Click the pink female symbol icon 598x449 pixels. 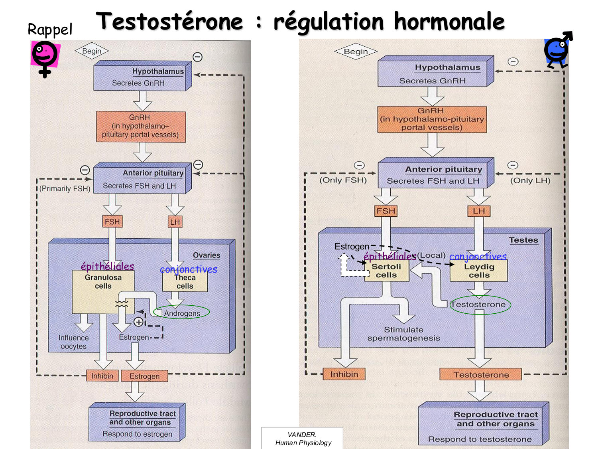(45, 58)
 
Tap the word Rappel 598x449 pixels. (50, 30)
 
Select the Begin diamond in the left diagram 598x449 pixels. (92, 51)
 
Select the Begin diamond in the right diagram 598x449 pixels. (356, 51)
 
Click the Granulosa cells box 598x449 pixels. (103, 291)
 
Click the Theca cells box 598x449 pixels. (185, 282)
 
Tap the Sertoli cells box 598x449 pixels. (386, 271)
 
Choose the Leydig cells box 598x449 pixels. (479, 271)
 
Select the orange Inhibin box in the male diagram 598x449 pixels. (344, 374)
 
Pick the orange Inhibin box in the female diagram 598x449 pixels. (102, 376)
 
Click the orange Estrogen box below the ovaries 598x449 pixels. (144, 376)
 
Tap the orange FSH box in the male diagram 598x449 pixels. (386, 211)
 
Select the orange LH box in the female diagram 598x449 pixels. (175, 222)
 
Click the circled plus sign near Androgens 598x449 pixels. (138, 322)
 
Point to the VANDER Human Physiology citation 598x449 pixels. (303, 439)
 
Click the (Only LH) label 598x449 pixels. (530, 180)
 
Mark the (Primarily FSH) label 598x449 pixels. (65, 188)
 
